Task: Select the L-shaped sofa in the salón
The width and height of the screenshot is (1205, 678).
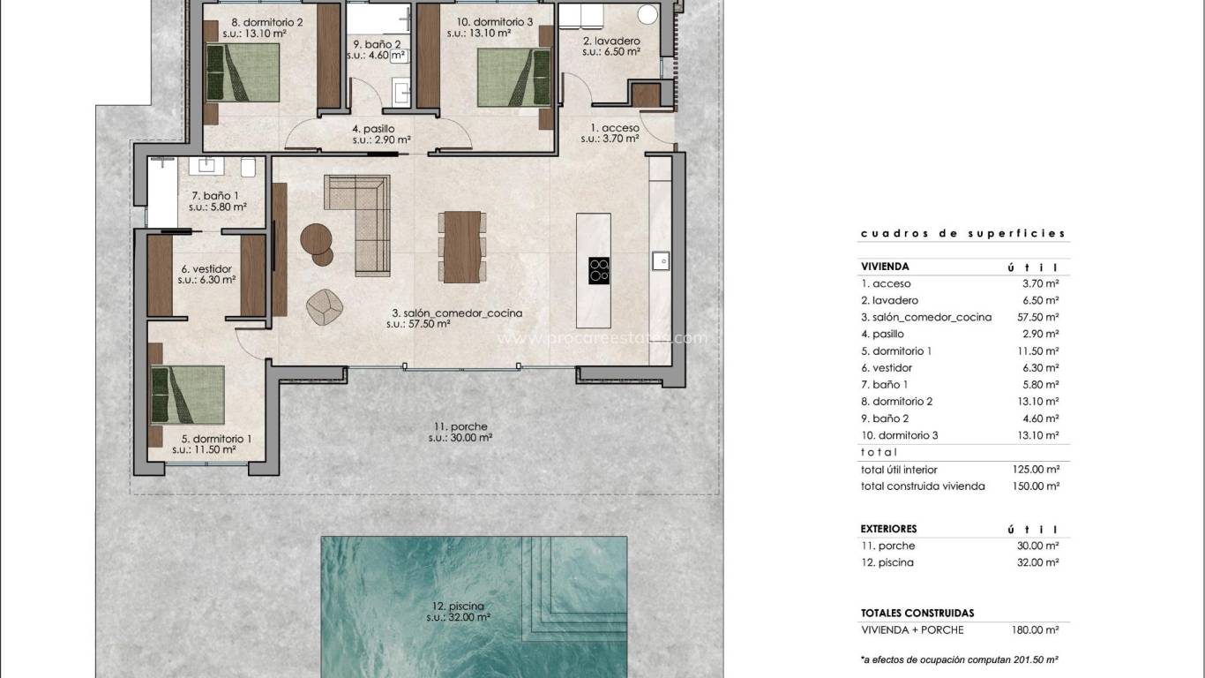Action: tap(362, 221)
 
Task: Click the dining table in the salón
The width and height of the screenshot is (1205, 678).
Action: tap(462, 246)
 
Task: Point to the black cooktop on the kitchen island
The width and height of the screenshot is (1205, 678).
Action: tap(598, 270)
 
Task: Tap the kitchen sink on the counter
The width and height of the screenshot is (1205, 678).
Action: tap(659, 260)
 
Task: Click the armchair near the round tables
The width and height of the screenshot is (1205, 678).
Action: tap(324, 304)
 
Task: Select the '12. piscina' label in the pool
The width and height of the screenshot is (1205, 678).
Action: tap(459, 606)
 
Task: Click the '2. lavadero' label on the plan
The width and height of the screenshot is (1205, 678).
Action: tap(610, 41)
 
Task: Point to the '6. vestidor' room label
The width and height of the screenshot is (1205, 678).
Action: tap(206, 269)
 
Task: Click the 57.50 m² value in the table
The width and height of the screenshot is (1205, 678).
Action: tap(1037, 317)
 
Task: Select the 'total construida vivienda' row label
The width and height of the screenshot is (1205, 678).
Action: tap(923, 486)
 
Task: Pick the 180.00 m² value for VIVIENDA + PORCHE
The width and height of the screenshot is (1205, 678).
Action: tap(1036, 630)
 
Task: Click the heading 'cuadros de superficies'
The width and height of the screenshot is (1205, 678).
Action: tap(962, 234)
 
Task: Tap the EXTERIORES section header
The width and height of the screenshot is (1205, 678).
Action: tap(888, 529)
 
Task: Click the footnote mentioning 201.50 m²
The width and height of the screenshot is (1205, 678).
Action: tap(960, 659)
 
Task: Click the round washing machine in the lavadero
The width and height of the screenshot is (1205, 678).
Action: tap(648, 14)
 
